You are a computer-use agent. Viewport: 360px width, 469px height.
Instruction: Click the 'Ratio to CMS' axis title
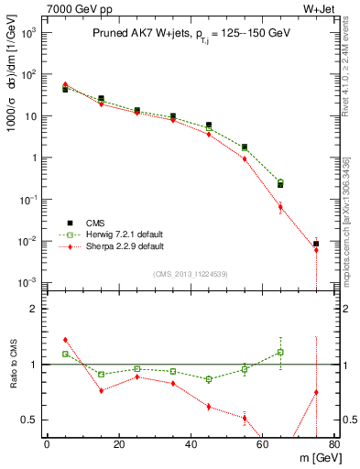click(x=12, y=365)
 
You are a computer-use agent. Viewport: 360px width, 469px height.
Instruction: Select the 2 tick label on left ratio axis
click(x=33, y=310)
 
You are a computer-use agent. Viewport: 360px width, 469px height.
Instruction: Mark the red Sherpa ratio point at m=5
click(x=65, y=340)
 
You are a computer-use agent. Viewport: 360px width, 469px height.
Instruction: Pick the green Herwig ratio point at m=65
click(x=280, y=352)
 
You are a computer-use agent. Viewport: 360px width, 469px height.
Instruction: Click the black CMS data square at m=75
click(x=316, y=244)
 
